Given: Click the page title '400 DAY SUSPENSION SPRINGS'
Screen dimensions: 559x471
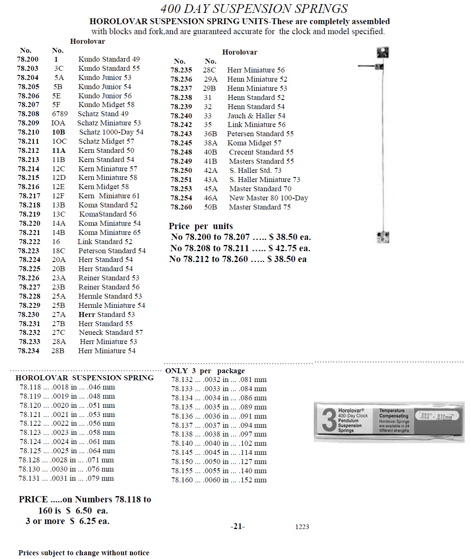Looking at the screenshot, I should (x=254, y=8).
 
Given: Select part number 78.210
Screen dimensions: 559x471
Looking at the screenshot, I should (x=29, y=132).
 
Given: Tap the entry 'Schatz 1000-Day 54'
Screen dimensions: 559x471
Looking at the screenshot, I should (x=111, y=132).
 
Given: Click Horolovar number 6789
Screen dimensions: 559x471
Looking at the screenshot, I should (x=60, y=114).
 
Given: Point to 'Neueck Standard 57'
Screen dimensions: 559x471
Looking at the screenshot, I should (x=111, y=332).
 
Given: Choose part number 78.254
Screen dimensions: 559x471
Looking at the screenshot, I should (x=181, y=198).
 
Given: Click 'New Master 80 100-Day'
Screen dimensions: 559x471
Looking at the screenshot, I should (x=268, y=198).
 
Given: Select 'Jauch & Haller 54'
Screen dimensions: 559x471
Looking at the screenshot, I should (x=256, y=116).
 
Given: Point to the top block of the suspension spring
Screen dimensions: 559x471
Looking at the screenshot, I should (x=382, y=53).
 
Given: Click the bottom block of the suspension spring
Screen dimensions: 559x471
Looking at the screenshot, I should (x=382, y=237).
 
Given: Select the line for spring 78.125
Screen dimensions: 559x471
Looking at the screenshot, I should (x=67, y=451).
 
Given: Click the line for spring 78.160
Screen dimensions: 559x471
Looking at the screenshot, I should (x=219, y=480).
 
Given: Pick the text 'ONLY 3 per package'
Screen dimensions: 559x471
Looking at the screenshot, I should (x=205, y=371).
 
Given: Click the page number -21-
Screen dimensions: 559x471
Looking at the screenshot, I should (x=238, y=527).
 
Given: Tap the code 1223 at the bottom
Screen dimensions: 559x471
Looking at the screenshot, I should (x=302, y=527).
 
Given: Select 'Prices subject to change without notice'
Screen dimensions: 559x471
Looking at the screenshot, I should (x=84, y=553).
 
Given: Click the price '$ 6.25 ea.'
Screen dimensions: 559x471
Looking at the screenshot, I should (x=89, y=521).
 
